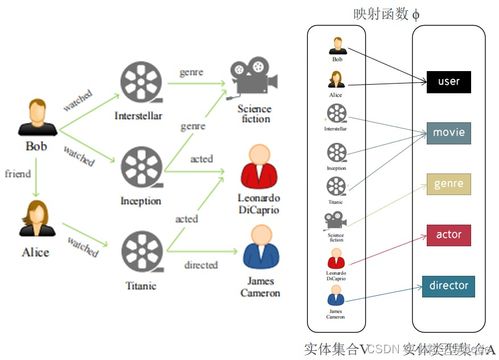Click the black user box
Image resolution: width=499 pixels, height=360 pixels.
coord(447,81)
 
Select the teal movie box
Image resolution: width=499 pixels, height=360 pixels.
coord(447,132)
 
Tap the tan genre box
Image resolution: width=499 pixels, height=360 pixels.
coord(447,184)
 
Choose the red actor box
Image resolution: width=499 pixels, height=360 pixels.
coord(447,236)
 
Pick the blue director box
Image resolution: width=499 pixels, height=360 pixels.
coord(447,286)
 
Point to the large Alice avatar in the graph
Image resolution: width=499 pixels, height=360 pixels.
coord(35,219)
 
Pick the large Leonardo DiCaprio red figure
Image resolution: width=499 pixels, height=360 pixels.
coord(258,163)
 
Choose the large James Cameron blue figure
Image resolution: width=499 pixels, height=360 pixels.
coord(258,247)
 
